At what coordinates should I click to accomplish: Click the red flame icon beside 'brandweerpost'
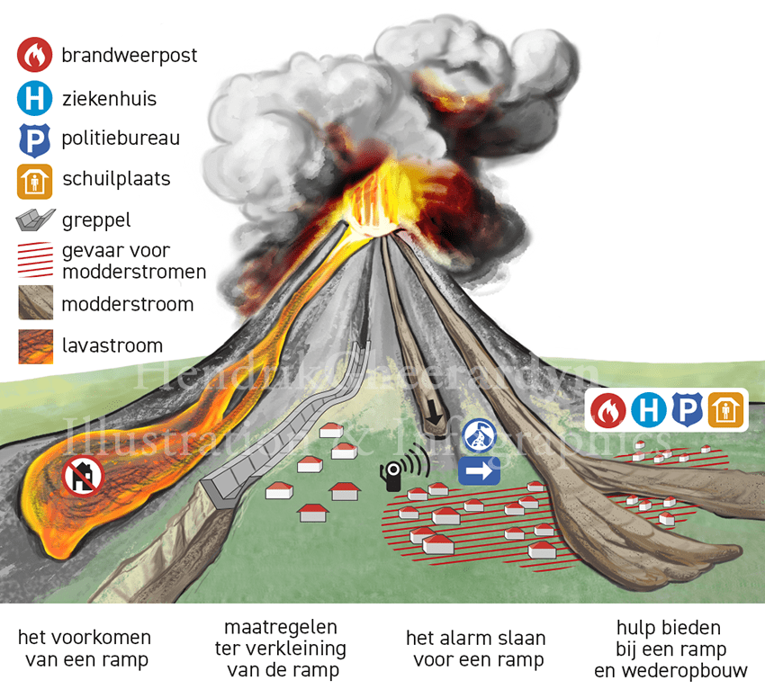pos(34,56)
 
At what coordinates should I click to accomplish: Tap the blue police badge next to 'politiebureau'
pos(34,139)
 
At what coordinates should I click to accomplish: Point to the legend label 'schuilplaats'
pos(116,179)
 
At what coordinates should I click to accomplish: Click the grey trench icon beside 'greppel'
pos(35,219)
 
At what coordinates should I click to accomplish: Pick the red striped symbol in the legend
pos(35,260)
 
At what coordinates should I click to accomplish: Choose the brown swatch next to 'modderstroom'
pos(35,303)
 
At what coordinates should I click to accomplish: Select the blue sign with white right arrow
pos(479,470)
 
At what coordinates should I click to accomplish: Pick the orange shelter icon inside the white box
pos(725,411)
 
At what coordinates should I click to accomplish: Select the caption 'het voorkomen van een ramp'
pos(85,649)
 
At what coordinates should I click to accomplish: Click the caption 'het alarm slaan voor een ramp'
pos(476,649)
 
